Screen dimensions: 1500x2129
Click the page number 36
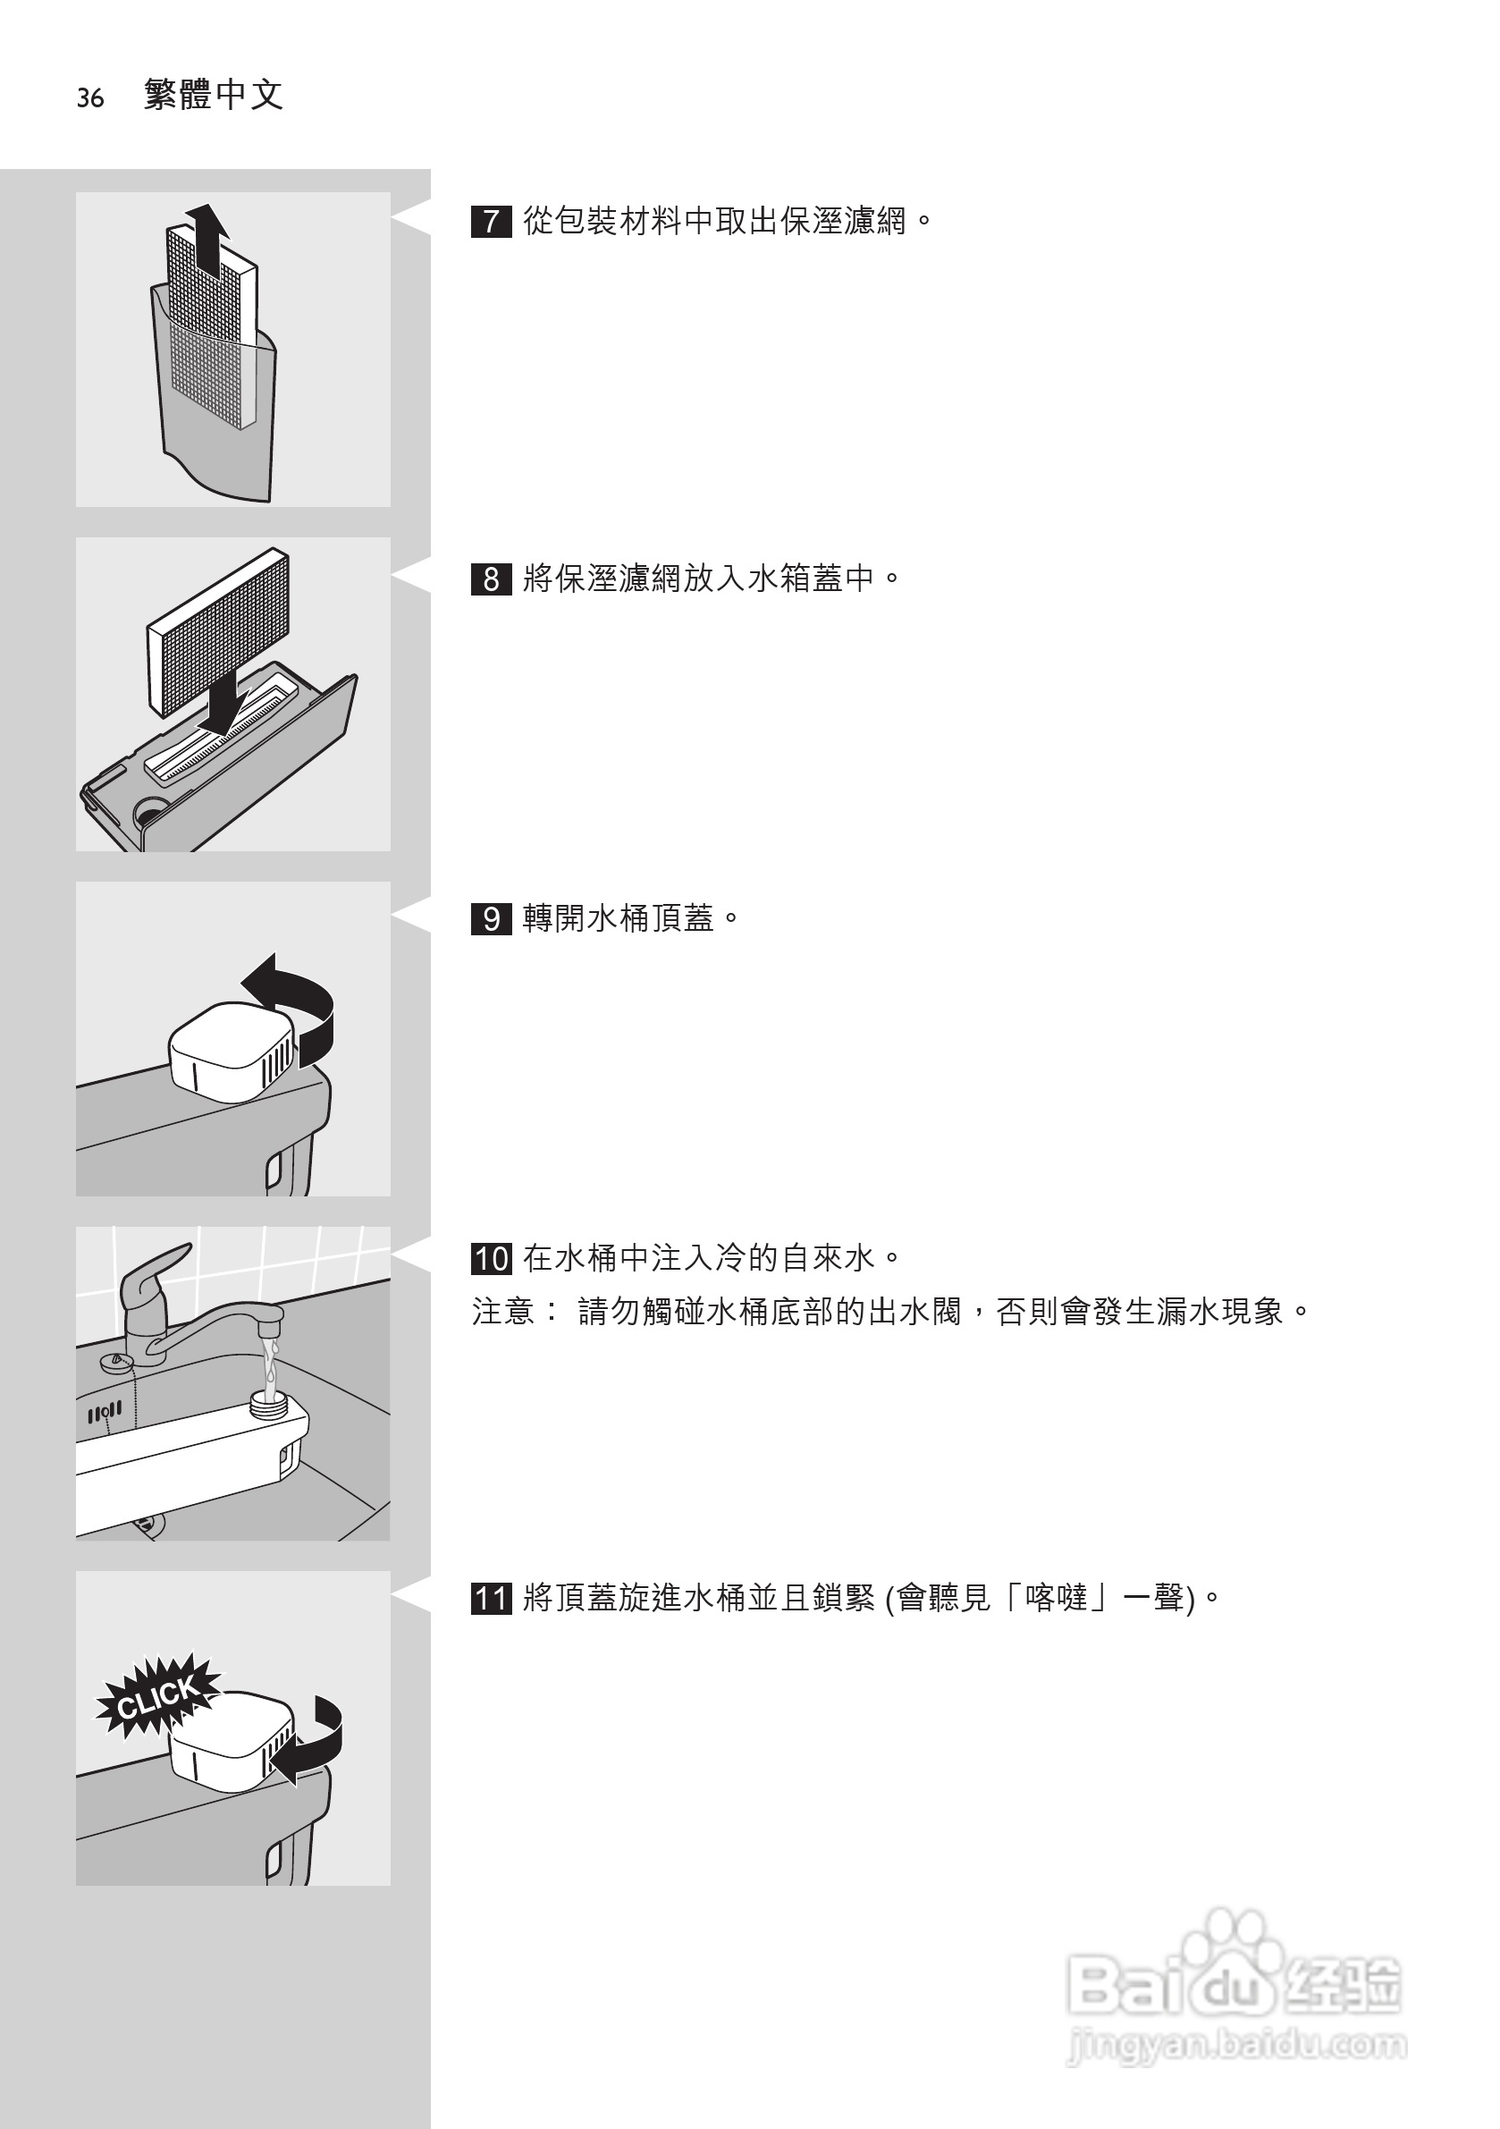(90, 97)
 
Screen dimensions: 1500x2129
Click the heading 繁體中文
(214, 95)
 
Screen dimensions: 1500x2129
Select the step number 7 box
(491, 223)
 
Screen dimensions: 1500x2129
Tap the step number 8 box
(491, 579)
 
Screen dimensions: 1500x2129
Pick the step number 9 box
(491, 919)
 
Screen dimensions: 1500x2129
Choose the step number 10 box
(491, 1258)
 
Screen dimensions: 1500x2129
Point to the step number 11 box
(491, 1599)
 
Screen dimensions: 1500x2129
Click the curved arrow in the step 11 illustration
(316, 1744)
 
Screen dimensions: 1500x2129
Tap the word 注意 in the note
(502, 1311)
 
